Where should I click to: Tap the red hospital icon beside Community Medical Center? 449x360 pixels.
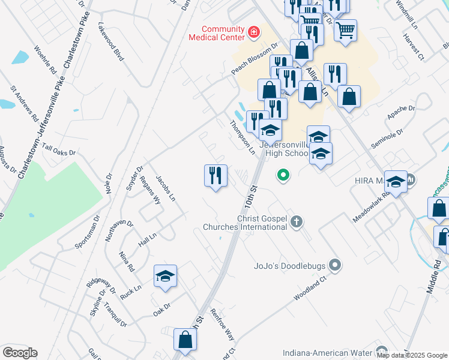(x=254, y=32)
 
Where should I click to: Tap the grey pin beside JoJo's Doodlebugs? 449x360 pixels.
(x=336, y=265)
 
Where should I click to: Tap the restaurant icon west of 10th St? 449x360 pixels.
(x=215, y=175)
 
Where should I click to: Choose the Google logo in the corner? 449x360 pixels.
(x=20, y=352)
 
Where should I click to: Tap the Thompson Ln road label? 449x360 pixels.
(x=243, y=137)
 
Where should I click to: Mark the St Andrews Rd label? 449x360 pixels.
(x=25, y=103)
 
